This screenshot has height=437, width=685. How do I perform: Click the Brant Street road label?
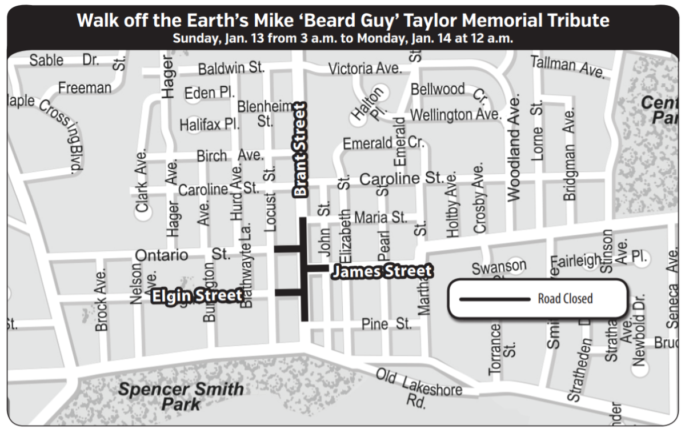point(301,150)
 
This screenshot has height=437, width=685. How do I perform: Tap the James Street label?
point(382,271)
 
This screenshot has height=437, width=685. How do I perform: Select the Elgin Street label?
point(197,296)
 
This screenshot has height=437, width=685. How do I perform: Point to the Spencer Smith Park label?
point(181,396)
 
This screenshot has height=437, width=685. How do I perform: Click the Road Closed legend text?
point(565,299)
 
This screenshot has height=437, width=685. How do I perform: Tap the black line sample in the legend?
point(495,299)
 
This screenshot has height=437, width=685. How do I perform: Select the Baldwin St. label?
point(231,69)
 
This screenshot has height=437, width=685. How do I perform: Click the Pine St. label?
point(386,324)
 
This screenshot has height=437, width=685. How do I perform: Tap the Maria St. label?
point(380,218)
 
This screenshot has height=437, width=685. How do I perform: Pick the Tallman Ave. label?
point(567,67)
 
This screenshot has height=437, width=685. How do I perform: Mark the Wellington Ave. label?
point(455,115)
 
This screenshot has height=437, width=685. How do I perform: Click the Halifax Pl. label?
point(210,124)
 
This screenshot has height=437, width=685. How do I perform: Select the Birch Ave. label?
point(230,155)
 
